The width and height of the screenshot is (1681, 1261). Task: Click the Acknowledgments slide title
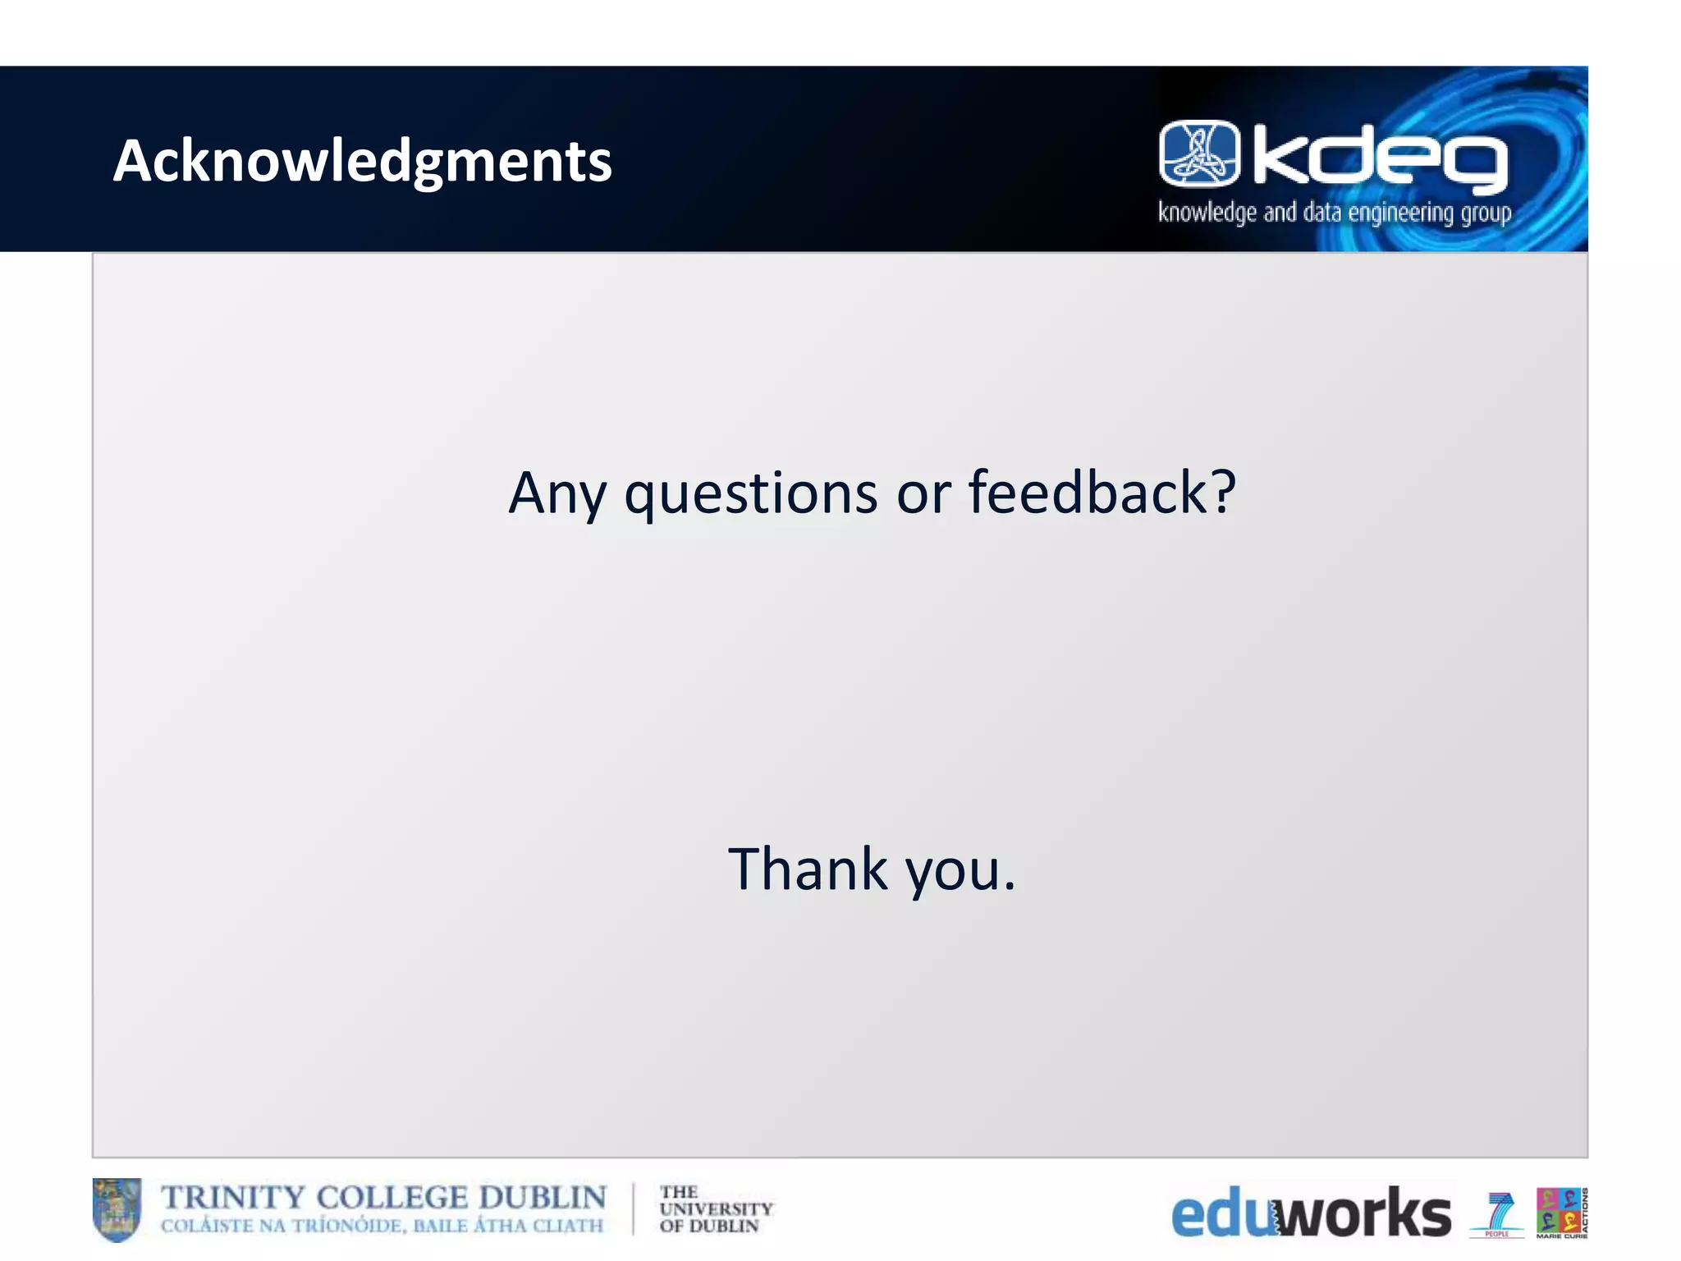[x=362, y=161]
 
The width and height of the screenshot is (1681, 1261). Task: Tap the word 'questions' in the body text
[x=750, y=494]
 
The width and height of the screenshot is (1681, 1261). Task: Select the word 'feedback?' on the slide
[x=1102, y=493]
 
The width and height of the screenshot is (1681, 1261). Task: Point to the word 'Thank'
[x=808, y=869]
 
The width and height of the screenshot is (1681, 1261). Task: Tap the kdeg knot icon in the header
[x=1199, y=154]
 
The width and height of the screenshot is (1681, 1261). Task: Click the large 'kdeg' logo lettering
[x=1379, y=159]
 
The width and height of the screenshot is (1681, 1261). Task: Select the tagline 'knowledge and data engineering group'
[x=1334, y=213]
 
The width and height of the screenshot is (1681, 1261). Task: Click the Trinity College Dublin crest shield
[x=117, y=1209]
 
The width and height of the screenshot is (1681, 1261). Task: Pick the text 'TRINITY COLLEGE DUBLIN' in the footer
[x=383, y=1198]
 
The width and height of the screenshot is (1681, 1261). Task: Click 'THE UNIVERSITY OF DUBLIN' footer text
[x=715, y=1209]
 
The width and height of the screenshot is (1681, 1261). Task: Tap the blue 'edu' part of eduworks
[x=1221, y=1215]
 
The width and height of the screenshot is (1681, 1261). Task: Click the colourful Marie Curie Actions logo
[x=1560, y=1212]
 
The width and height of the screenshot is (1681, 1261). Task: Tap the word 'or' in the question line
[x=923, y=494]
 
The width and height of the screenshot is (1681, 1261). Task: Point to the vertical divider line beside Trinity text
[x=633, y=1209]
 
